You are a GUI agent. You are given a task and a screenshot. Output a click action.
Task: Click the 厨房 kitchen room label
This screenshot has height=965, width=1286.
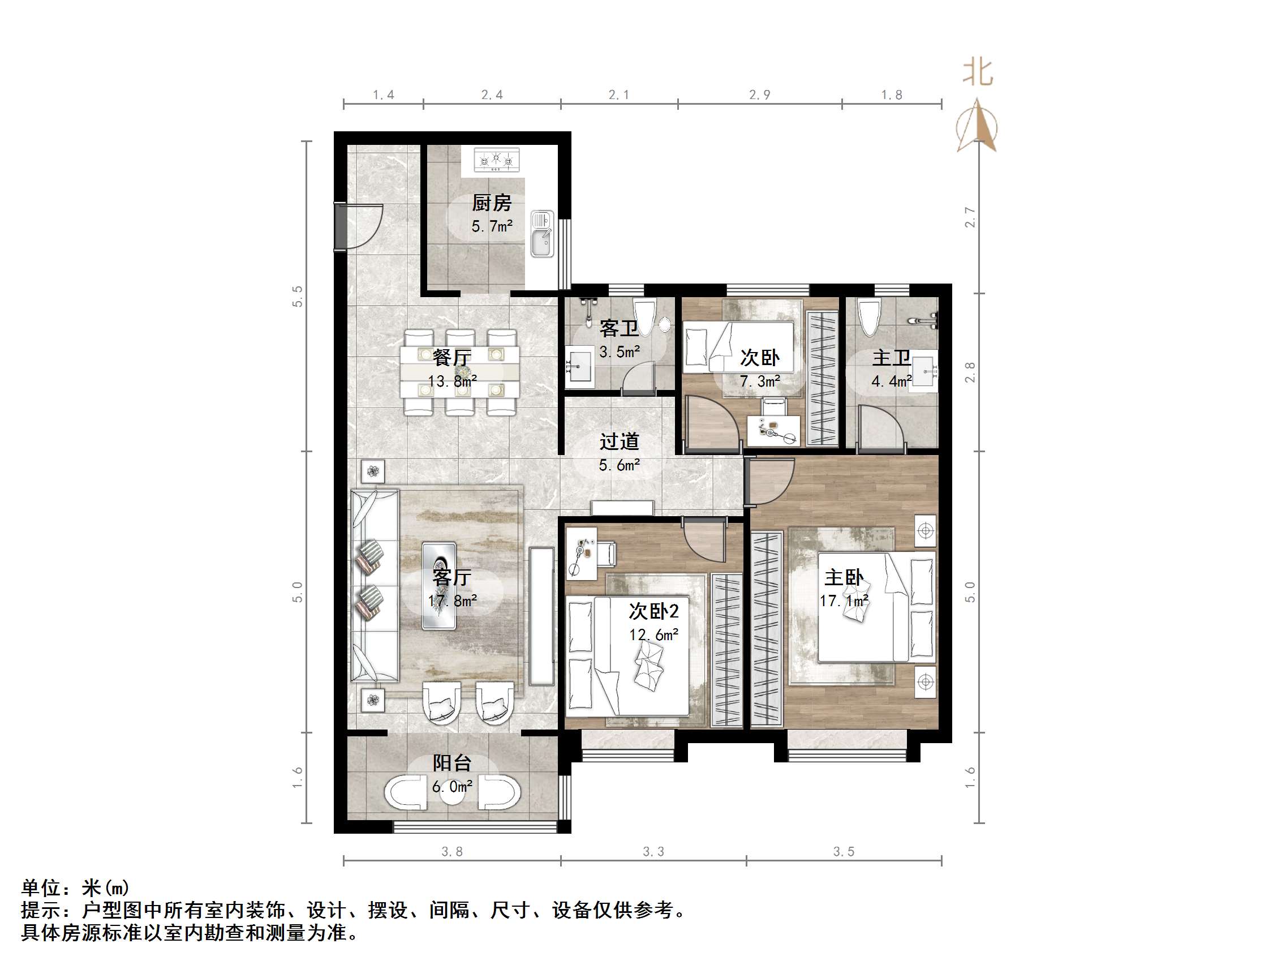[491, 203]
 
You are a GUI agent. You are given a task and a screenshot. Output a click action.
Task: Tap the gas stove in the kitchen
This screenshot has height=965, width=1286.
[496, 160]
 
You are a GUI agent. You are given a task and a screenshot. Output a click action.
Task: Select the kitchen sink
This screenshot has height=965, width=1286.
[542, 234]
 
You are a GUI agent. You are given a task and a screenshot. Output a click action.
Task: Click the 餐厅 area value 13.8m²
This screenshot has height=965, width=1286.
[452, 381]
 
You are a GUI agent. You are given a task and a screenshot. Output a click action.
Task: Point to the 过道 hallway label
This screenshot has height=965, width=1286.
[619, 441]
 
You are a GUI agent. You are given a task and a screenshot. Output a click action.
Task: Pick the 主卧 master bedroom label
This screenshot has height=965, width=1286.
[844, 578]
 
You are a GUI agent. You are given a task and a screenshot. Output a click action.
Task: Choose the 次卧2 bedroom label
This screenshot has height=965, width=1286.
[653, 611]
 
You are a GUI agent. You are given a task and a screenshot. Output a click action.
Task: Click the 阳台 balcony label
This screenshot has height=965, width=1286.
[451, 762]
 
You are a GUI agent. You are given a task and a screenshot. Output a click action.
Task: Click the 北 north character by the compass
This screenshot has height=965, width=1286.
[978, 72]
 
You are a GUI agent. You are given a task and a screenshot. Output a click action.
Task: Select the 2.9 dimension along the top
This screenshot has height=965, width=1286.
[759, 96]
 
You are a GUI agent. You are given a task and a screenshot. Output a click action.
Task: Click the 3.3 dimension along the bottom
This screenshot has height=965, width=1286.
[653, 852]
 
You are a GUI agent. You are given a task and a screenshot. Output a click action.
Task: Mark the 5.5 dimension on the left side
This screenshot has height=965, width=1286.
[298, 296]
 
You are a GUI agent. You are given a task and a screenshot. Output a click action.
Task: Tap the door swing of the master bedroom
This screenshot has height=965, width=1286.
[769, 482]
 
